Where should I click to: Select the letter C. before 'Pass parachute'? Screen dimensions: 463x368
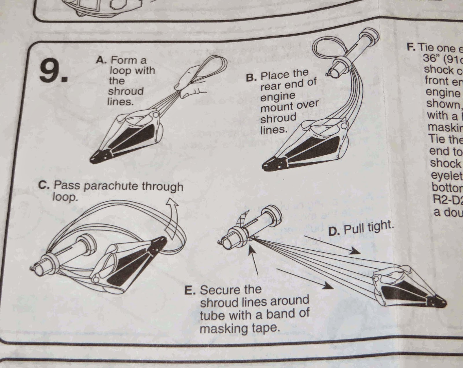point(45,185)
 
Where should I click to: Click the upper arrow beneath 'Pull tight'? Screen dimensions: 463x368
point(330,245)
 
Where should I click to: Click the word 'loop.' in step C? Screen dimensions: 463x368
point(65,197)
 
